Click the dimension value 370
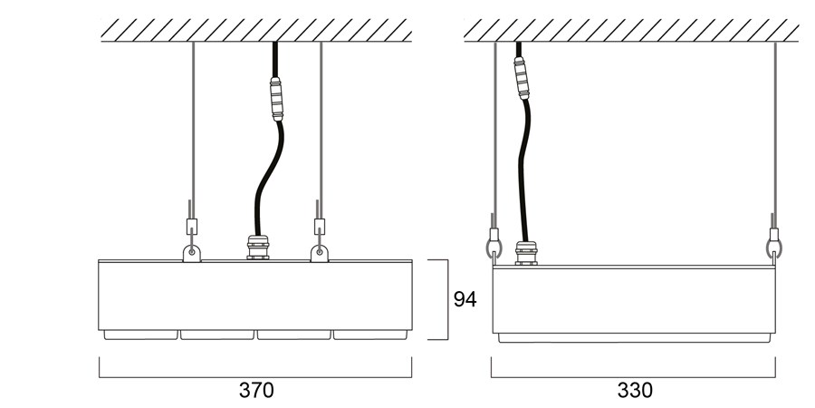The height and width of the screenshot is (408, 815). tap(255, 390)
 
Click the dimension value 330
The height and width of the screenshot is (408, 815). tap(634, 390)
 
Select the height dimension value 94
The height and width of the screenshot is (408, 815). tap(465, 299)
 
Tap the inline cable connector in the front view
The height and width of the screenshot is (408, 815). tap(276, 99)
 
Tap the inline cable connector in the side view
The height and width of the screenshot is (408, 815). tap(522, 78)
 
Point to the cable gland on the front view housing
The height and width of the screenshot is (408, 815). tap(258, 248)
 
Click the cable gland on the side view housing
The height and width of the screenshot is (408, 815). tap(526, 254)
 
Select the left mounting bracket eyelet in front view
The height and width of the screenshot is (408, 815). tap(192, 253)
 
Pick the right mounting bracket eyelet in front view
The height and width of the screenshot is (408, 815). tap(320, 253)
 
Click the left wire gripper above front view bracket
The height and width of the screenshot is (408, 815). tap(192, 226)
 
